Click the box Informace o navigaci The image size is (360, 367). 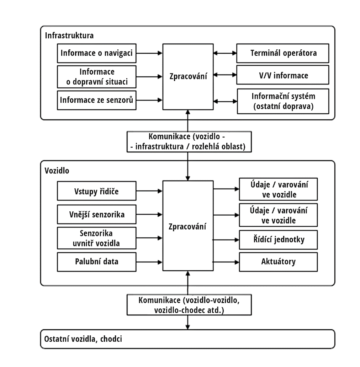click(96, 53)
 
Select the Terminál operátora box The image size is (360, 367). click(283, 53)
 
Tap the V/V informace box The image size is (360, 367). click(283, 75)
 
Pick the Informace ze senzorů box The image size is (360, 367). click(96, 100)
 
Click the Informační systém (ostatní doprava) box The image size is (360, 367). click(283, 101)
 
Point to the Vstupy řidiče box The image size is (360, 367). click(96, 191)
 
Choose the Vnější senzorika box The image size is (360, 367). click(96, 214)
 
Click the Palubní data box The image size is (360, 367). click(96, 262)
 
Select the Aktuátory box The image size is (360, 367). click(278, 262)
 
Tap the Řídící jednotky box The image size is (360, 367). click(278, 240)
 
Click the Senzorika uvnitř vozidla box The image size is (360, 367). click(96, 238)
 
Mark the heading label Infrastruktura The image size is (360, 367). click(69, 35)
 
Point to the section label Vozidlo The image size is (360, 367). click(57, 171)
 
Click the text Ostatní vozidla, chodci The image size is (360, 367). click(83, 339)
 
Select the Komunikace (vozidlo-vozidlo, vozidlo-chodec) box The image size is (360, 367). click(189, 305)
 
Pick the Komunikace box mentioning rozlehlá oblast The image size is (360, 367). click(189, 142)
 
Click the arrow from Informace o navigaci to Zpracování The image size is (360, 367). click(149, 53)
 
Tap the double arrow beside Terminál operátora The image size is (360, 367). click(225, 53)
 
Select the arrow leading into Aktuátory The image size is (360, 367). click(226, 262)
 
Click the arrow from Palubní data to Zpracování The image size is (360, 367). click(149, 262)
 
